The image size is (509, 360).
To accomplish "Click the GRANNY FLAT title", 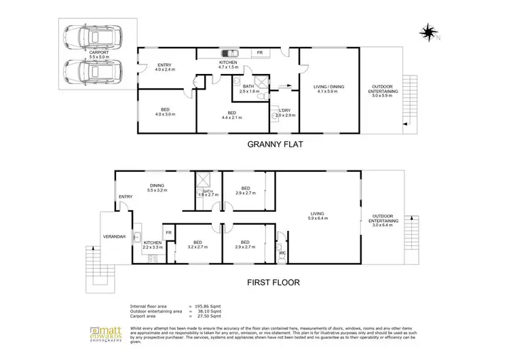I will (x=276, y=145).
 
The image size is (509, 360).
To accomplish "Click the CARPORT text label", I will (x=100, y=52).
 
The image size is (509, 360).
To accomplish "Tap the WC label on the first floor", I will (x=283, y=255).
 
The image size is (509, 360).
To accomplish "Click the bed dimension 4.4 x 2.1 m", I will (x=231, y=118).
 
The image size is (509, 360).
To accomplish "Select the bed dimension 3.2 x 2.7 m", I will (x=197, y=247).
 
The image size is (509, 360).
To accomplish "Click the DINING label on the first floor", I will (x=157, y=185).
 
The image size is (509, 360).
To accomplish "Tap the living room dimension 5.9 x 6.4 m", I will (x=317, y=219).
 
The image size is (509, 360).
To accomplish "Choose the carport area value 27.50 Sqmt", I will (x=209, y=317).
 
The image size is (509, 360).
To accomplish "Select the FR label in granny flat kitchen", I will (x=259, y=52).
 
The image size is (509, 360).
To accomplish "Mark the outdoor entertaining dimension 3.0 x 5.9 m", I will (x=384, y=96).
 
